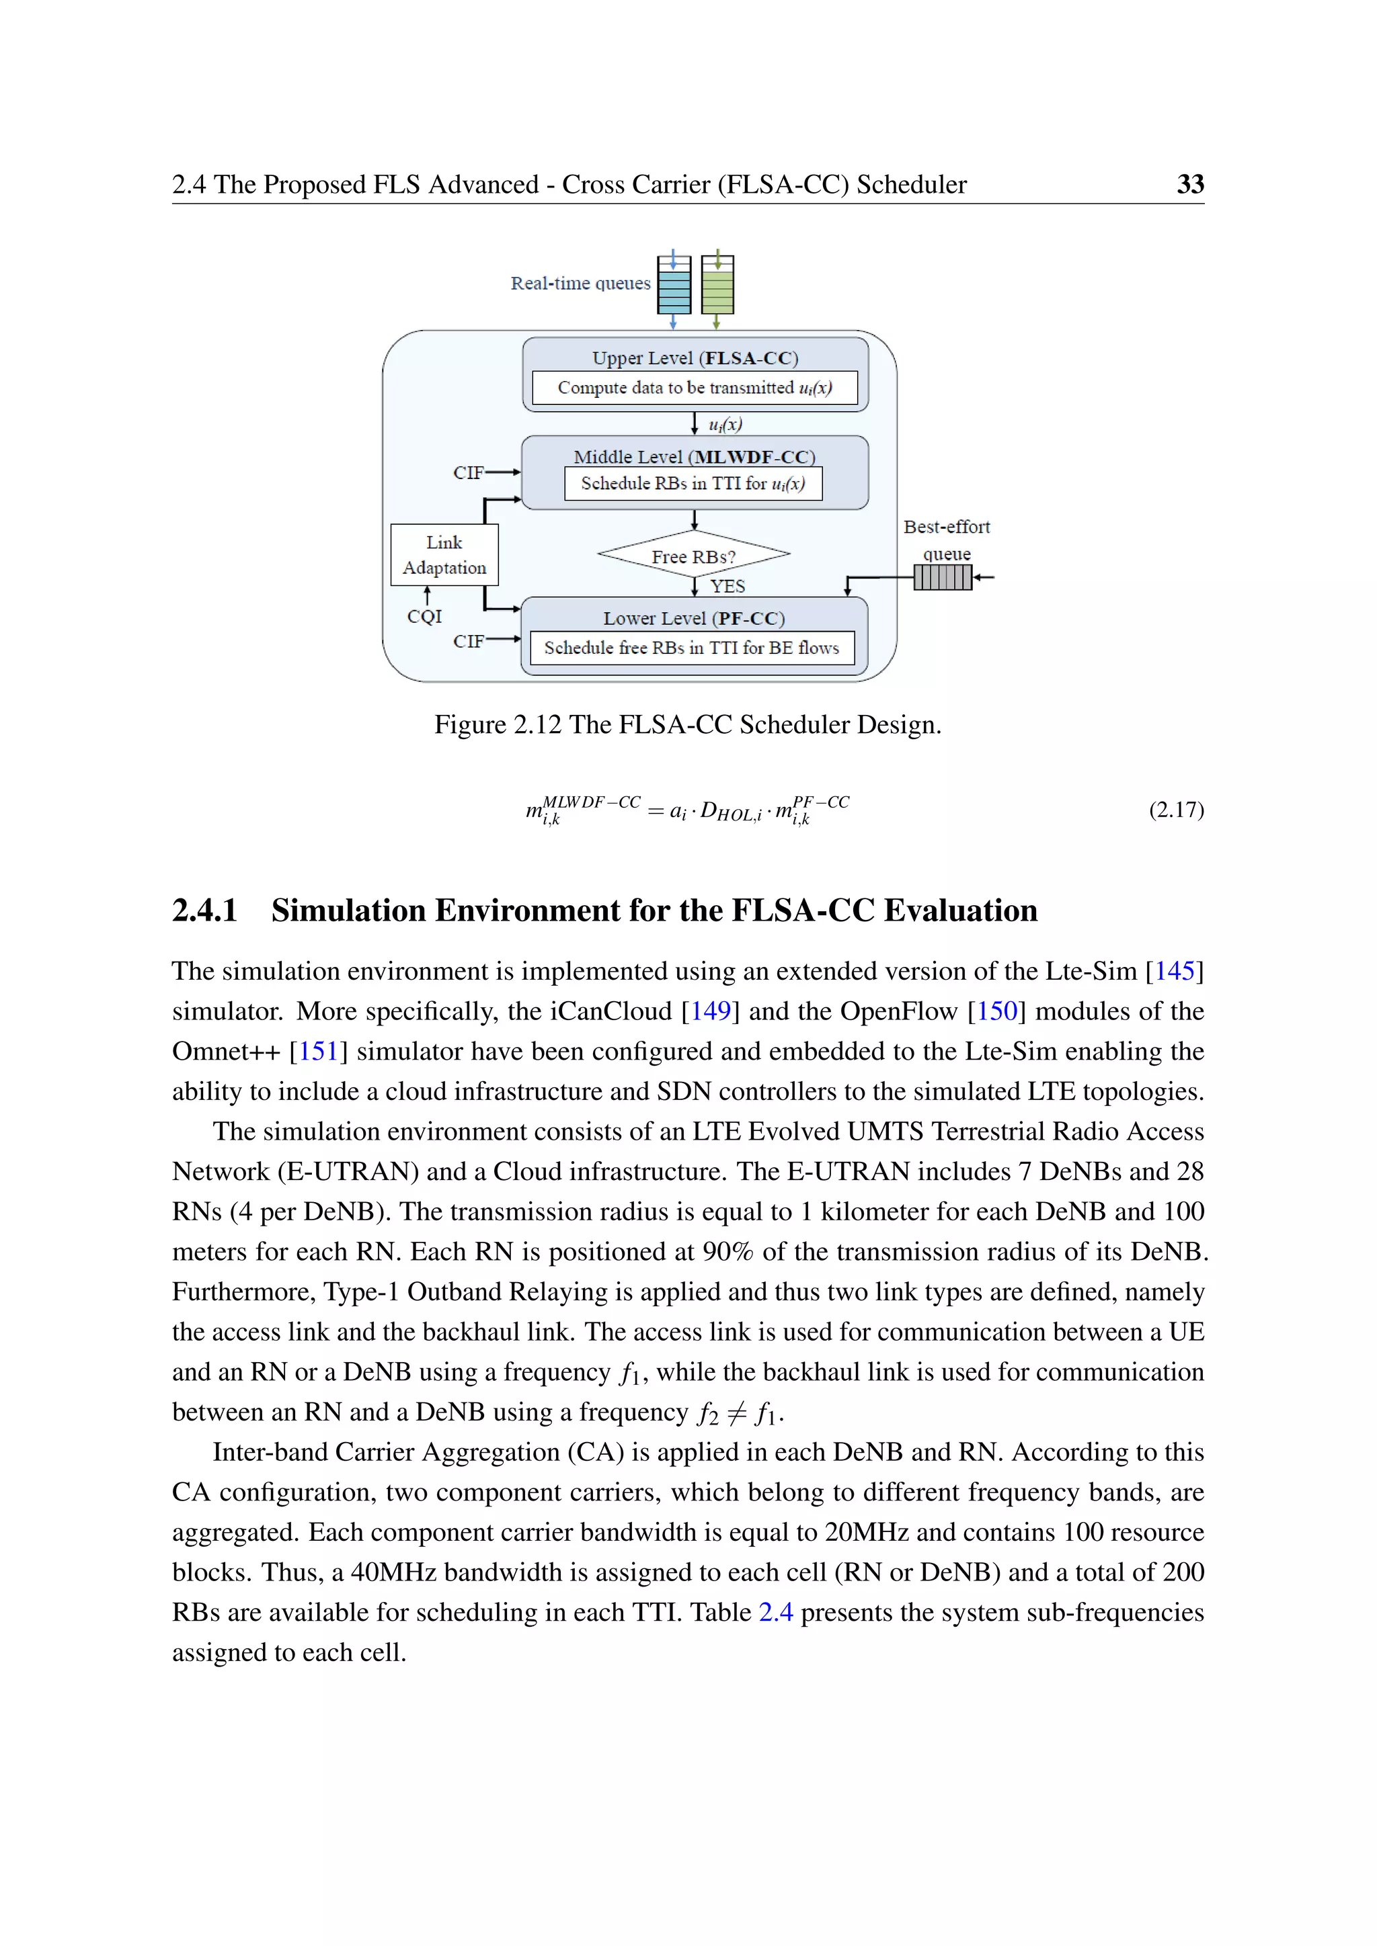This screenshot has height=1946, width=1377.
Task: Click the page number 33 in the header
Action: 1189,184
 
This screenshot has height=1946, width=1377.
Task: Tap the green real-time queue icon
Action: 717,286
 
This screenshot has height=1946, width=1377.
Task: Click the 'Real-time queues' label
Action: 580,283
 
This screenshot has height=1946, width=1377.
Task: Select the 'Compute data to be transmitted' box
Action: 695,387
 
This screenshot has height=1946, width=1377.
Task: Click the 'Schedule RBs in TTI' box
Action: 693,483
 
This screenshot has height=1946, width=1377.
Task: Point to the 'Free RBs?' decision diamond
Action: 694,555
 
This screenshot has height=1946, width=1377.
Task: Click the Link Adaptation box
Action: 444,554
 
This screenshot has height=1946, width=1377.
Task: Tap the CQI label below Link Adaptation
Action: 424,616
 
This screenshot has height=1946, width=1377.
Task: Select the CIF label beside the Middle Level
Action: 467,472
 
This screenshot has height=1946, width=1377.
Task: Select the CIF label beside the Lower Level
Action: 467,641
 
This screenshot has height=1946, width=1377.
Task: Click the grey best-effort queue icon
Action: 942,577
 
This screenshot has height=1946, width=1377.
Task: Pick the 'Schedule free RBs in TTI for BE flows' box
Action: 691,648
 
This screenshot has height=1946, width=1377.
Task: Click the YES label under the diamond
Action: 727,586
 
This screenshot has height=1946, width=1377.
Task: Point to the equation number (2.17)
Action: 1176,810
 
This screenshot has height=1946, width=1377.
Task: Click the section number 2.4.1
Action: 204,911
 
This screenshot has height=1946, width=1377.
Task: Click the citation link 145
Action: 1175,970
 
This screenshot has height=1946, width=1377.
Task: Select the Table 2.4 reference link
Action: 775,1611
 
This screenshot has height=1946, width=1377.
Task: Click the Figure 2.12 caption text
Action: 688,724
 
